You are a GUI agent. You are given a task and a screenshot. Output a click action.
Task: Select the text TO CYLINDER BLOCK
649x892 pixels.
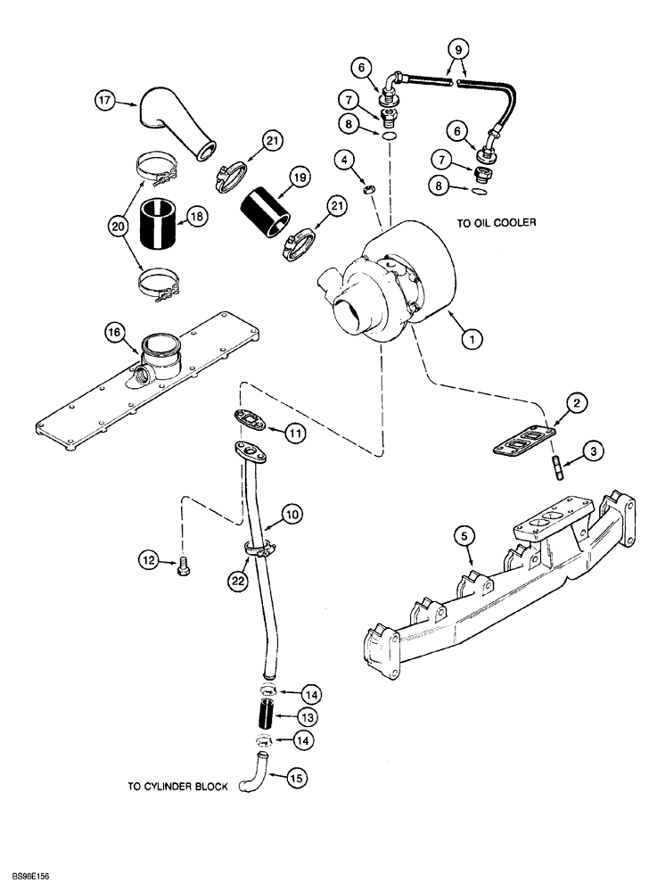[x=179, y=786]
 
